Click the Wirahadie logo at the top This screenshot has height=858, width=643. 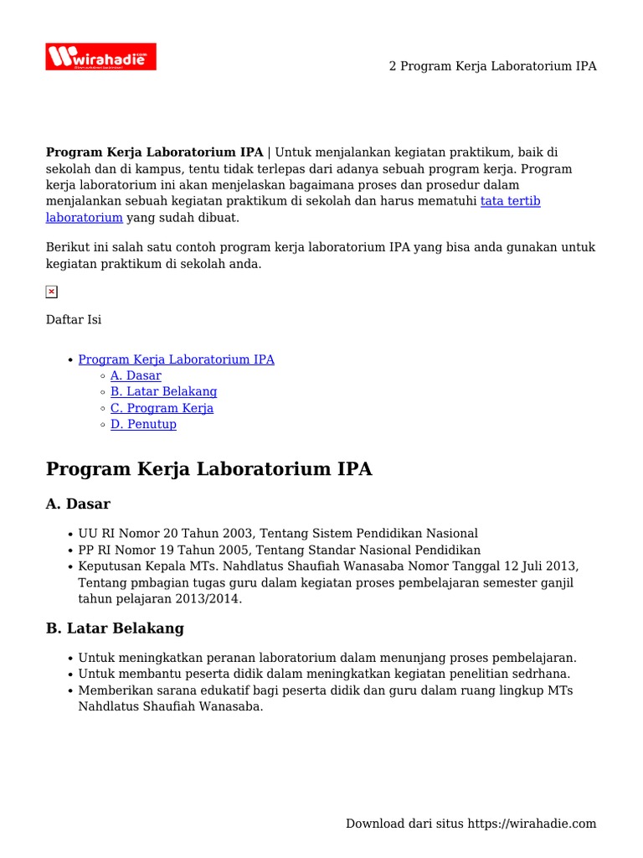tap(100, 57)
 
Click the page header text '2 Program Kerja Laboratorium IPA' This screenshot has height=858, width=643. tap(492, 66)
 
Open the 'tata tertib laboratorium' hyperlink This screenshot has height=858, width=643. tap(510, 202)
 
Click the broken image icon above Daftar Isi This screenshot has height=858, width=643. tap(51, 292)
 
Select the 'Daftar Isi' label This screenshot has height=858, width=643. tap(74, 319)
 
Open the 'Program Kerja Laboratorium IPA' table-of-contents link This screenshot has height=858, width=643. tap(176, 359)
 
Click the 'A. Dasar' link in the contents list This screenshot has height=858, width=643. tap(136, 375)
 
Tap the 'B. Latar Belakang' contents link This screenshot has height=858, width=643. tap(163, 391)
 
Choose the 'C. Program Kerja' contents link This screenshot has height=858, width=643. tap(162, 408)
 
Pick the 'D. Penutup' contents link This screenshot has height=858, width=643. tap(143, 424)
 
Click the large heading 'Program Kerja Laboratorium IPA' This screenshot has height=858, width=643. tap(208, 469)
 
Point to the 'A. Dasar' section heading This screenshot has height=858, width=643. tap(78, 504)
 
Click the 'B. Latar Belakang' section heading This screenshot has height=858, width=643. tap(115, 628)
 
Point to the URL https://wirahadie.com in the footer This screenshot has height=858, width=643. tap(532, 824)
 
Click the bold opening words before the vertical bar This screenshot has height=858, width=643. tap(154, 152)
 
